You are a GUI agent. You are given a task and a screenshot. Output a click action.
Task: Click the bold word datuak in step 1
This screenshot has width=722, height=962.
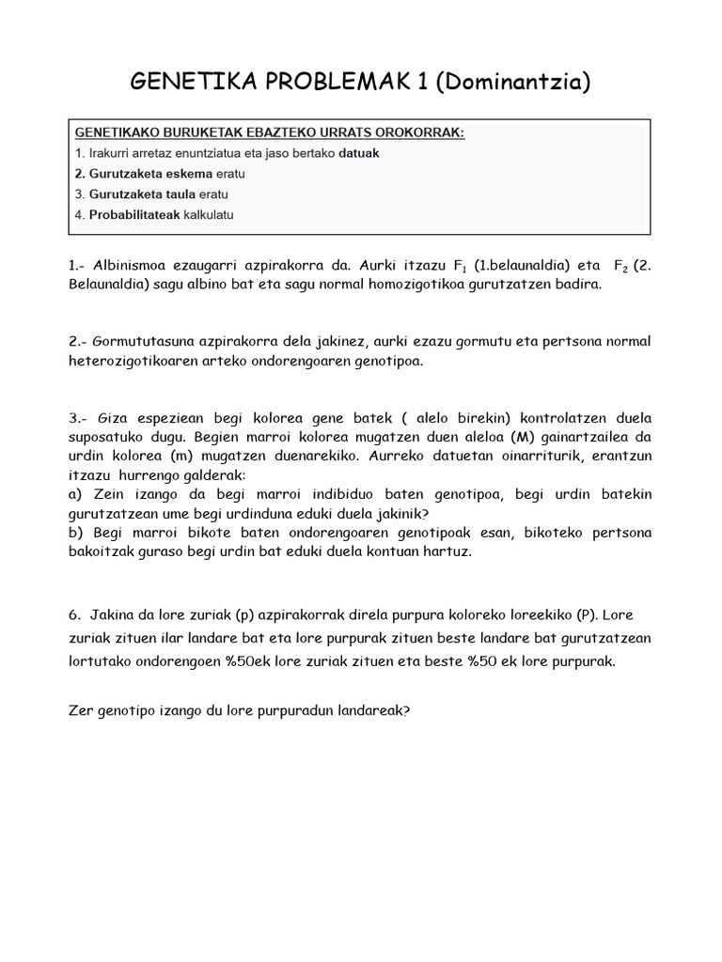coord(359,152)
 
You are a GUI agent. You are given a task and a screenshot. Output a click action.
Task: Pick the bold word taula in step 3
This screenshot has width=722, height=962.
coord(176,194)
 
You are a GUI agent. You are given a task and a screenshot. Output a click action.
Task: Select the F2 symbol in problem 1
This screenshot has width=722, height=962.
coord(621,266)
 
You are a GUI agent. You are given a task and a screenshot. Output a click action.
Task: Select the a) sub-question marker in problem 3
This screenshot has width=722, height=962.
coord(76,494)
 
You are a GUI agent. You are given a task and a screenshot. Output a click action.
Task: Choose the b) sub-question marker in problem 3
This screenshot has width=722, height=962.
coord(76,534)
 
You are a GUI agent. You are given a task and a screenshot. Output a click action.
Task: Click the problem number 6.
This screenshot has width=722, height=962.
coord(73,616)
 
